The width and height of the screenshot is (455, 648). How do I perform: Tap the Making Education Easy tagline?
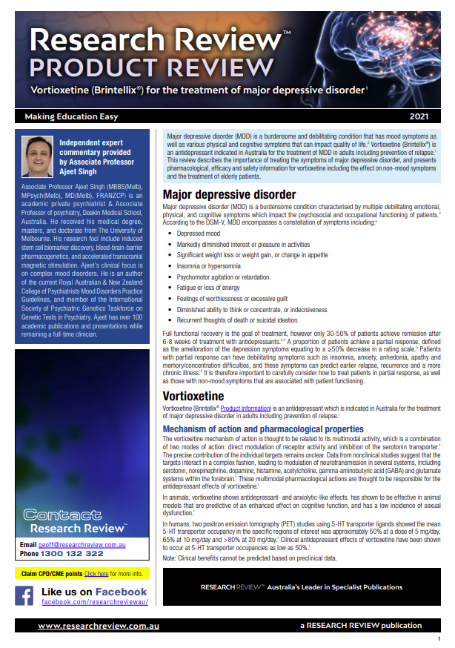coord(71,117)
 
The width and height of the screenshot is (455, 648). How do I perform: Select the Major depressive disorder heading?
coord(229,194)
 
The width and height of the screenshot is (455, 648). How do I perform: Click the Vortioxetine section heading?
coord(195,397)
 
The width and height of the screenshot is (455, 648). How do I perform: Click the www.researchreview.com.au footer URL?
coord(90,626)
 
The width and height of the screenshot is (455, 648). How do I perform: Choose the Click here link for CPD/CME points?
coord(96,574)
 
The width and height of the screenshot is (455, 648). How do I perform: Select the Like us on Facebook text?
coord(94,592)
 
